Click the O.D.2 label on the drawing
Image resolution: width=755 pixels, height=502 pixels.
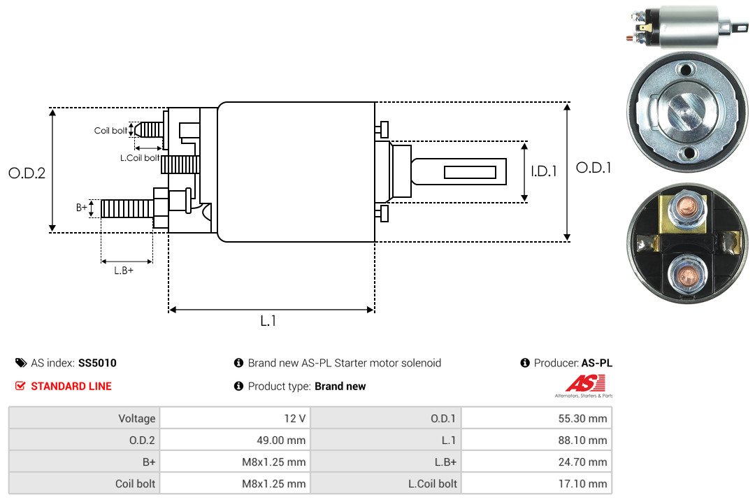click(x=27, y=173)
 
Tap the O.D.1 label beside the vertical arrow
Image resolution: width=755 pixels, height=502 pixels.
click(x=594, y=168)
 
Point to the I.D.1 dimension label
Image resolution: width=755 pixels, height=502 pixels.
click(x=544, y=171)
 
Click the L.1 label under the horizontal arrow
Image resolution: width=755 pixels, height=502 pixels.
click(x=268, y=321)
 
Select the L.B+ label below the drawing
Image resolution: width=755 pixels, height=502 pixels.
click(x=124, y=271)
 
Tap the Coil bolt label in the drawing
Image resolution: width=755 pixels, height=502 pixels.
click(x=110, y=131)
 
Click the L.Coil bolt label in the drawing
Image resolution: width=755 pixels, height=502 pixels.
click(x=140, y=157)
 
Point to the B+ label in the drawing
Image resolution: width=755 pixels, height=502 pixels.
click(x=82, y=208)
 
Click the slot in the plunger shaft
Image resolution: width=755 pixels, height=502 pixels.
click(x=470, y=173)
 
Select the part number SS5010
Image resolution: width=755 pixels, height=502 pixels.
click(x=97, y=364)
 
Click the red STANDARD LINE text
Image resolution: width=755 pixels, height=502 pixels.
click(x=71, y=387)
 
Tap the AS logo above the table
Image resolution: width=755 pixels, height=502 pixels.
click(x=584, y=386)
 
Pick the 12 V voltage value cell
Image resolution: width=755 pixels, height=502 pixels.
click(x=235, y=418)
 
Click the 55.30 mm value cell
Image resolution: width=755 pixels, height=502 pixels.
click(x=536, y=418)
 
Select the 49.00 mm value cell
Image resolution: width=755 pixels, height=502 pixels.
click(x=235, y=440)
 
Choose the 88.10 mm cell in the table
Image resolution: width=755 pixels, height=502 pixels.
click(x=536, y=440)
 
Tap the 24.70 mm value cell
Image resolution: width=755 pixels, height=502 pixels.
click(x=536, y=461)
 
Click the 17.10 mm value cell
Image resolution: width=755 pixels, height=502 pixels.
click(x=536, y=483)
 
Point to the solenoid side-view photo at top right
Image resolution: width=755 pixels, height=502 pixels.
click(x=688, y=27)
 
